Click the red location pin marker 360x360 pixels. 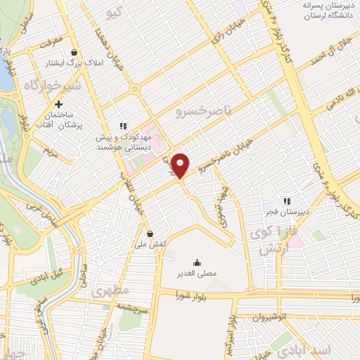tap(181, 164)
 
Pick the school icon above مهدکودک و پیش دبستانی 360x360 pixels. tap(122, 126)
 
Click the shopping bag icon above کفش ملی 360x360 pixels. tap(150, 233)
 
